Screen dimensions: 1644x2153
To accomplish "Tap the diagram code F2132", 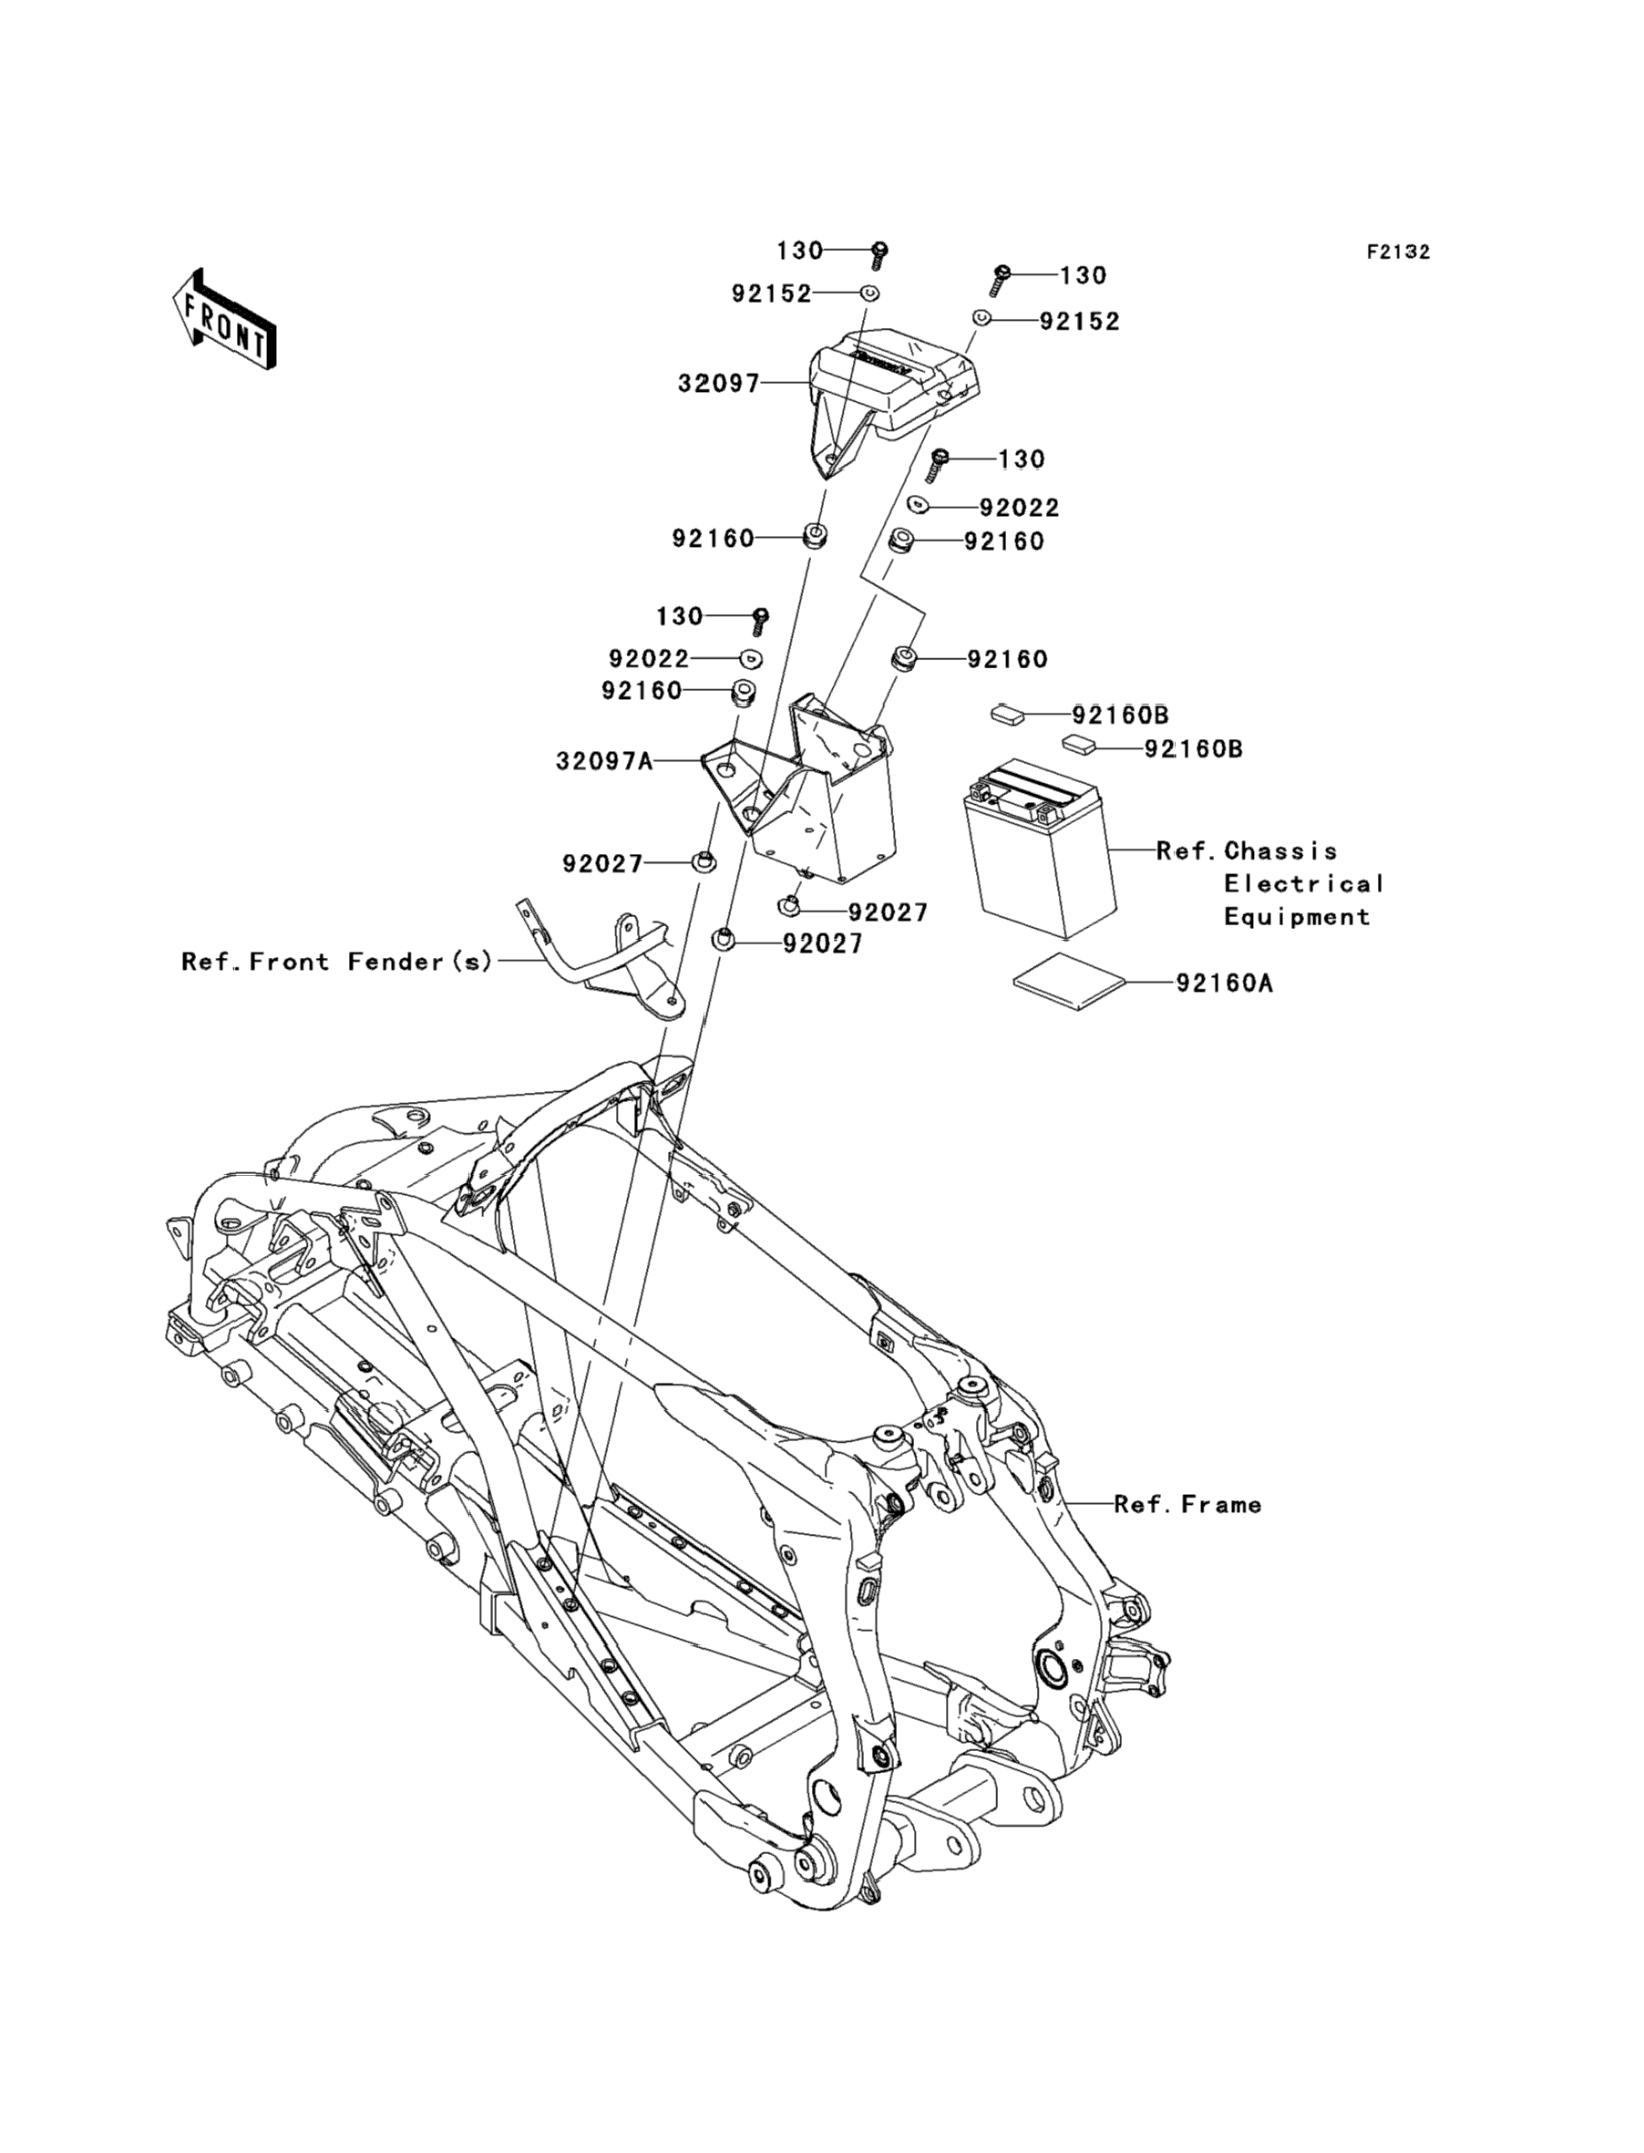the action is click(1398, 252).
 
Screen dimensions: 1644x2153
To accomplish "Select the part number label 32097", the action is click(719, 384).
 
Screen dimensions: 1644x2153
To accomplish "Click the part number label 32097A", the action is click(605, 760).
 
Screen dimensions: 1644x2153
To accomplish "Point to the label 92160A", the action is click(1224, 983).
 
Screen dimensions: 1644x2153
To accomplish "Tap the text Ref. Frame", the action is click(1188, 1504).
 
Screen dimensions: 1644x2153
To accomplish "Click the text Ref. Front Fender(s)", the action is click(337, 962).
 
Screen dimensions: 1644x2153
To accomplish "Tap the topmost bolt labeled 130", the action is click(879, 256).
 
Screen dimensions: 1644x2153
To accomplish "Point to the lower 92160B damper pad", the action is click(1079, 746).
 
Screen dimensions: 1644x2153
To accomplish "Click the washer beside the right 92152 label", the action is click(981, 318).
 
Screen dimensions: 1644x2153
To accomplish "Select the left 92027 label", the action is click(602, 863).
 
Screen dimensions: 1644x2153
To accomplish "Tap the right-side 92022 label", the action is click(1020, 508).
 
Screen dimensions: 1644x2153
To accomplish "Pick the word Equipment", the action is click(1297, 917).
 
